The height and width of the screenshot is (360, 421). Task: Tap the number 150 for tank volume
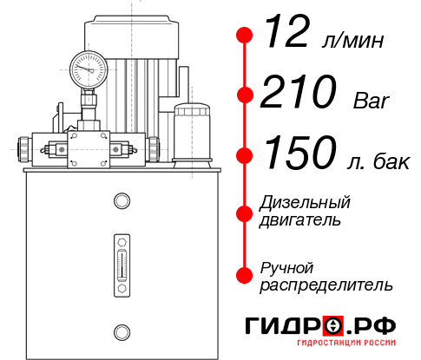(299, 154)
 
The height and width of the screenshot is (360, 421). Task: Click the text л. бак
(372, 160)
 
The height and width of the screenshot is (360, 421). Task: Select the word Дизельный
(305, 203)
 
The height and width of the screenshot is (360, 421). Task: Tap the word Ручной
(286, 266)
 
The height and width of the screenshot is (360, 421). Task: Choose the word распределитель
(326, 284)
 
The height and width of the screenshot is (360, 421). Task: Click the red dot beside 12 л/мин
(245, 36)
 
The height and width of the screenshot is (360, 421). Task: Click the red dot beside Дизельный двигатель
(245, 212)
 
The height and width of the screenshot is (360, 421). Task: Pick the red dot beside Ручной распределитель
(245, 274)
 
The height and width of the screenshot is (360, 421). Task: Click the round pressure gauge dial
(88, 67)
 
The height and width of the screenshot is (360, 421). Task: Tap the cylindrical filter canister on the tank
(191, 132)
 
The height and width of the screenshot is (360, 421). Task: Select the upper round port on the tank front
(122, 202)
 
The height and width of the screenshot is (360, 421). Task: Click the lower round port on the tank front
(122, 330)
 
